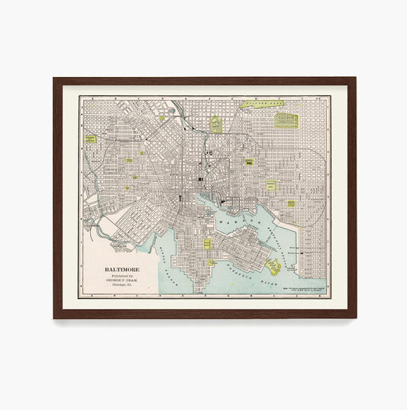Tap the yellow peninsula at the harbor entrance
(273, 267)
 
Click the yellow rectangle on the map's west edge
(92, 139)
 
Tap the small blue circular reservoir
(171, 111)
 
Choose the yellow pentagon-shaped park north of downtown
(216, 124)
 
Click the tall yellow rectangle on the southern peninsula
(207, 245)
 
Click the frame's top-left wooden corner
(57, 81)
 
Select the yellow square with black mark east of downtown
(249, 162)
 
